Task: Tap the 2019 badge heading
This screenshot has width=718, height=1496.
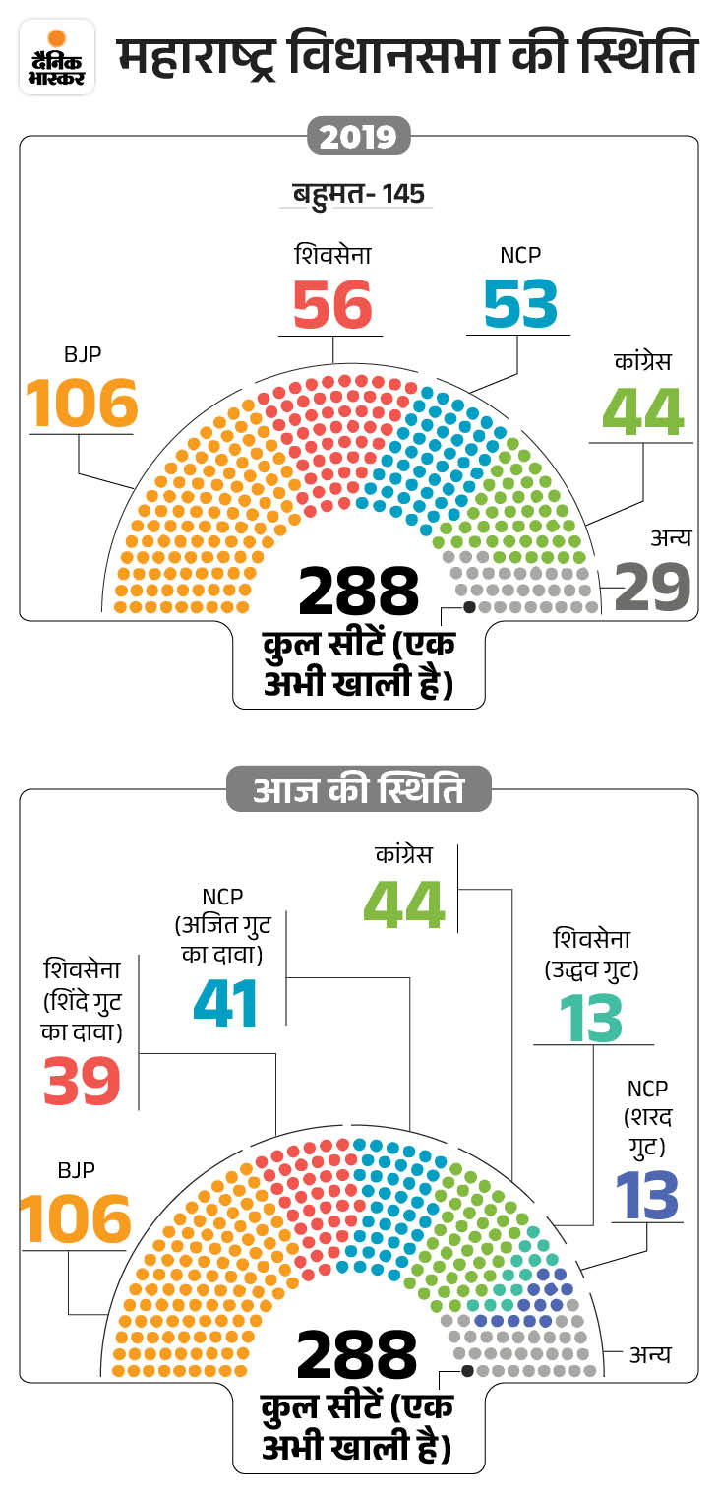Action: [359, 136]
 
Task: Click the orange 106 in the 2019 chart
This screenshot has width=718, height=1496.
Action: [82, 403]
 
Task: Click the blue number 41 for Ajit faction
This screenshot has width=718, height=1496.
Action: [226, 1002]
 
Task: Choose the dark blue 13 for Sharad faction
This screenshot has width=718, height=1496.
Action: [646, 1194]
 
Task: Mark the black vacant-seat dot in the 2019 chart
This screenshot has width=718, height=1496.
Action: [469, 607]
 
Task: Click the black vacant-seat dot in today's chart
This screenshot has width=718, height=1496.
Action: [468, 1370]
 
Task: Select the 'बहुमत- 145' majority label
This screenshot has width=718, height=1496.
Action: [359, 193]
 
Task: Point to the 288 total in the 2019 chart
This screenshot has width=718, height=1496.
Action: [359, 591]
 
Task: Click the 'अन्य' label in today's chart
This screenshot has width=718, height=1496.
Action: [650, 1354]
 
